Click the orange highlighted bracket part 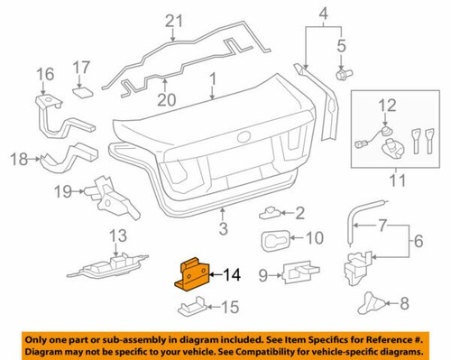192,272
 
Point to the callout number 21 174,19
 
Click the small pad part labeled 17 81,90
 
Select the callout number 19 62,192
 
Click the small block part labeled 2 272,214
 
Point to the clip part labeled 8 372,305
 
